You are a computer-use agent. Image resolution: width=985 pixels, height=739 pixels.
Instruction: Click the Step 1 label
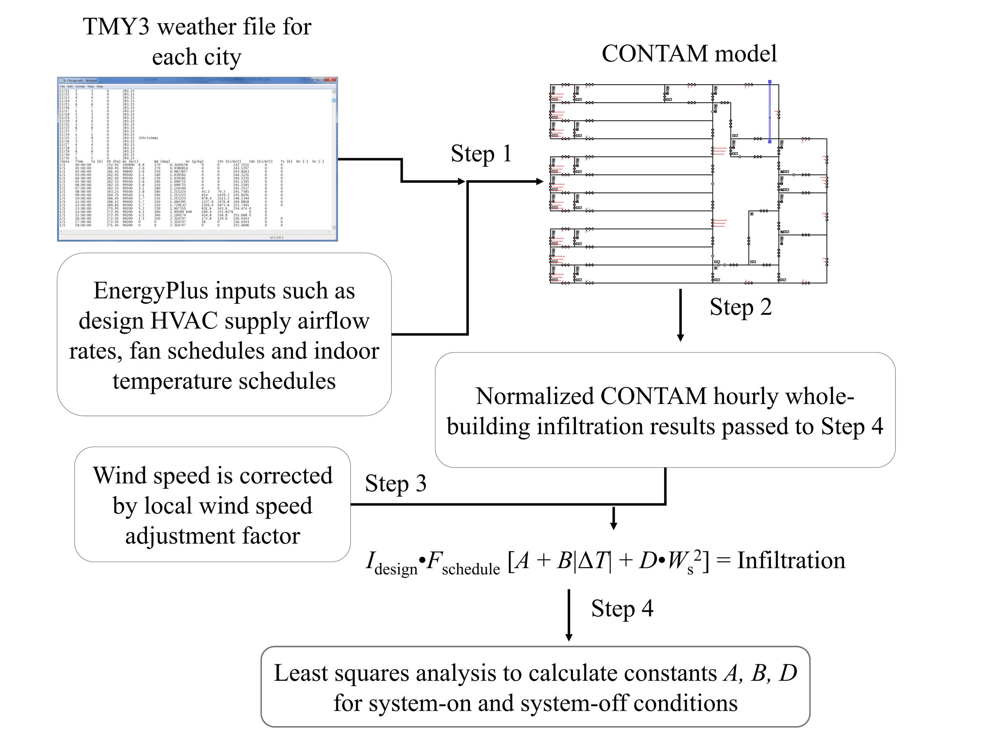point(481,154)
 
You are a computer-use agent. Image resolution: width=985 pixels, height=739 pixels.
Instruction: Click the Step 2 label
point(740,308)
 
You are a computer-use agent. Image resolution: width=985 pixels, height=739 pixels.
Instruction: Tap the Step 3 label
point(395,484)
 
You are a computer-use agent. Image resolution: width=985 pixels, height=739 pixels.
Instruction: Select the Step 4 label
point(622,608)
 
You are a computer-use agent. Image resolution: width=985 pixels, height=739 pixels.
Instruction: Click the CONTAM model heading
point(689,54)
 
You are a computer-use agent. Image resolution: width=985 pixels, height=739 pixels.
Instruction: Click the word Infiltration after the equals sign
point(791,561)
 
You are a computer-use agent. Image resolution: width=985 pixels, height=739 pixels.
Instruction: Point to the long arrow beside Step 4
point(569,615)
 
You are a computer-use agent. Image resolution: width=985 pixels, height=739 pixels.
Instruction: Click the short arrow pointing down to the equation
point(613,519)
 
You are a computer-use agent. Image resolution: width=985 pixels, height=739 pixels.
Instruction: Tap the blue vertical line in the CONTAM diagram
point(770,111)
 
